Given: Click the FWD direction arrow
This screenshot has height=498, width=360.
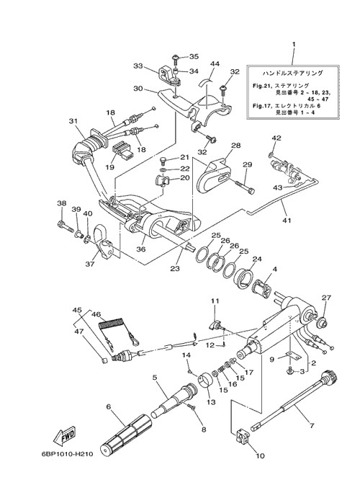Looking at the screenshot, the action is [x=64, y=435].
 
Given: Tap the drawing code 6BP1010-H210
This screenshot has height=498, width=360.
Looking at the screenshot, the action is [x=67, y=454].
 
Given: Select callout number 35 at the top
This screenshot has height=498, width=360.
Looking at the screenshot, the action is [x=194, y=56].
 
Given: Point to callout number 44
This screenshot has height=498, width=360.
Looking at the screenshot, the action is [x=215, y=64].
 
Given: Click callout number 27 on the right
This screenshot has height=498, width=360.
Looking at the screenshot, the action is [x=326, y=298].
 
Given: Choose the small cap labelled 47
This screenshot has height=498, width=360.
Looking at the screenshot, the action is [x=103, y=360].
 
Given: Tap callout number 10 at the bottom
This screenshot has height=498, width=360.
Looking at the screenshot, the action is [x=260, y=456].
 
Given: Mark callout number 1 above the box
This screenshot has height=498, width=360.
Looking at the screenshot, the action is [x=294, y=44].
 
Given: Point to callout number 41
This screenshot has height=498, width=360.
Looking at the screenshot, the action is [x=287, y=220].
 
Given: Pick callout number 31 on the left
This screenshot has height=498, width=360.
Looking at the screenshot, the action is [x=73, y=121].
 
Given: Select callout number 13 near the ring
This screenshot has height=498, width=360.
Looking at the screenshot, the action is [x=211, y=401].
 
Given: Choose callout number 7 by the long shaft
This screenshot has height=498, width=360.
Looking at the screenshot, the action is [x=312, y=425].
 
